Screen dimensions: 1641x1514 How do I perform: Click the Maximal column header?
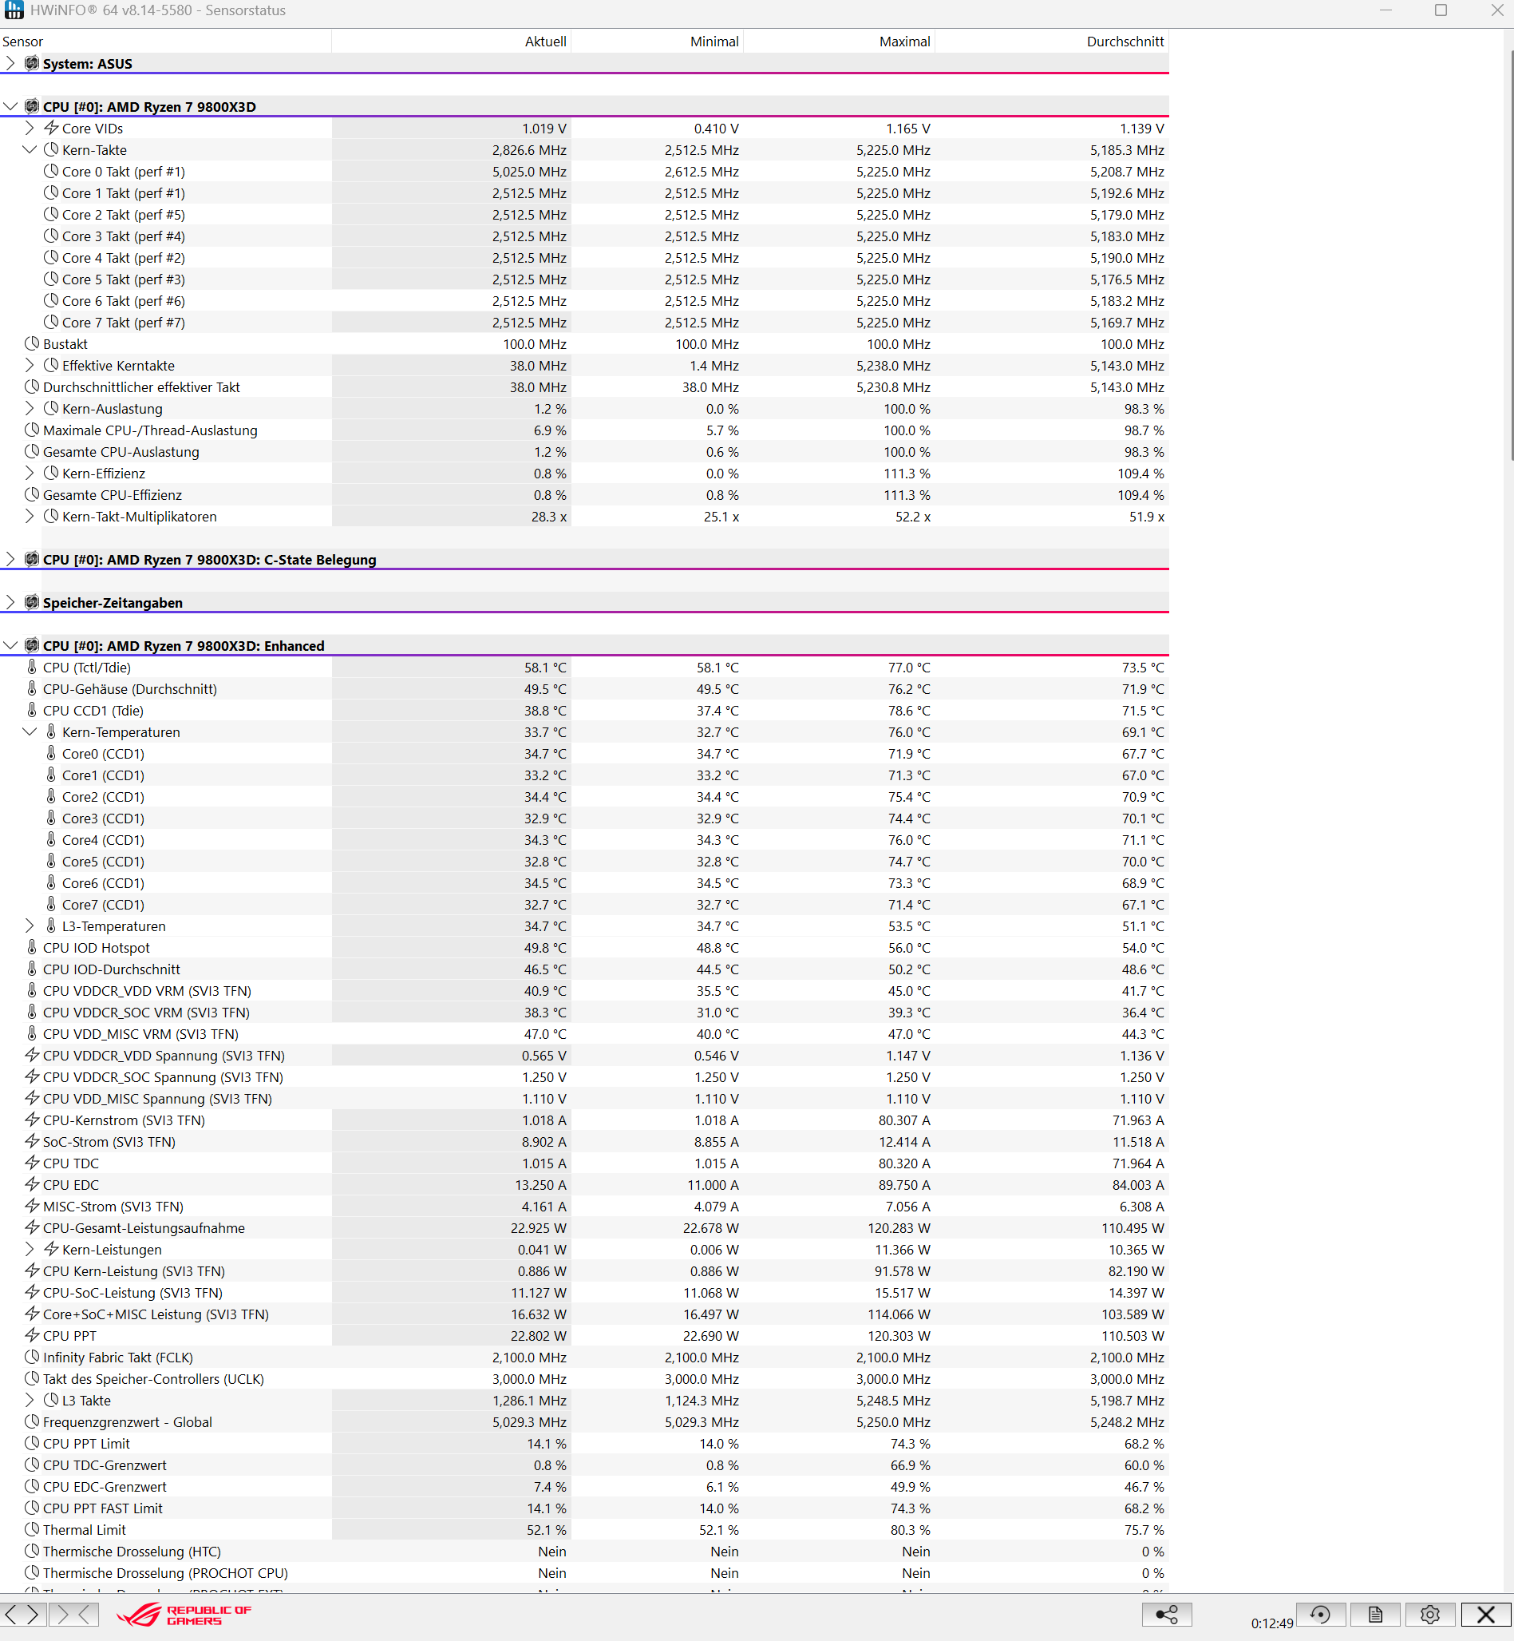click(x=903, y=42)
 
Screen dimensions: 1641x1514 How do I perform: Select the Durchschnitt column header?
click(x=1124, y=42)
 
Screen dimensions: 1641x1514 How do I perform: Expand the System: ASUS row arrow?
click(x=10, y=63)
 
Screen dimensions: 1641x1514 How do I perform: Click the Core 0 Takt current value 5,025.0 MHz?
click(x=528, y=172)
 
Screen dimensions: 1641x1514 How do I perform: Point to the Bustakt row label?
click(x=65, y=344)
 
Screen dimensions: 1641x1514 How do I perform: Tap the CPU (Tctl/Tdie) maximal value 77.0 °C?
click(x=908, y=668)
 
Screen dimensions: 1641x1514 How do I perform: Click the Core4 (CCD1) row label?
click(x=102, y=840)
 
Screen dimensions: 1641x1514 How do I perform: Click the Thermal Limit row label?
click(x=85, y=1530)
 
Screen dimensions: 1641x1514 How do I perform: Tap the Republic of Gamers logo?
click(x=184, y=1615)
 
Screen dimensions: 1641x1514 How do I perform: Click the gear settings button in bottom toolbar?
click(x=1429, y=1615)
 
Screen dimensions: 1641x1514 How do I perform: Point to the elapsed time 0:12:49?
click(x=1271, y=1623)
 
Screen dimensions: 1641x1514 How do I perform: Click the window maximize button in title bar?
click(x=1441, y=10)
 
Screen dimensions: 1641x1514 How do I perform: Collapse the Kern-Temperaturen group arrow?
click(x=30, y=732)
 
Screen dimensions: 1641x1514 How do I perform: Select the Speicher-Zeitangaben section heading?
click(x=113, y=602)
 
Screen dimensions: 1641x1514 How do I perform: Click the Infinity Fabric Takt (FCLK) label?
click(x=118, y=1358)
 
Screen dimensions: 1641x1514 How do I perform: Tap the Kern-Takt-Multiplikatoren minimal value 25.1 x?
click(x=721, y=517)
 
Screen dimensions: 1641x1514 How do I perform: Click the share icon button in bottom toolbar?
click(x=1166, y=1615)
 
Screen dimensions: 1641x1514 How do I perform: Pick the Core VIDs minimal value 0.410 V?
click(x=715, y=129)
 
